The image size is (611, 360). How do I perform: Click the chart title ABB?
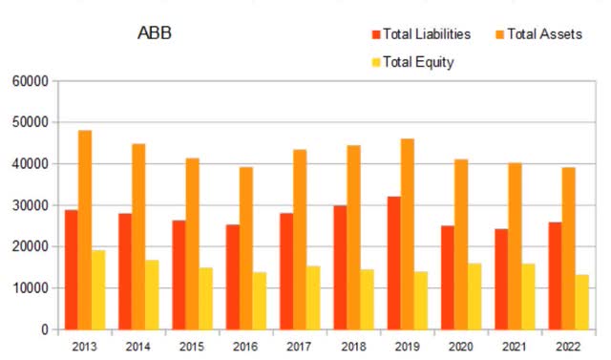click(x=155, y=35)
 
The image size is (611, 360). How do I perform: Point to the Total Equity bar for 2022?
click(x=581, y=302)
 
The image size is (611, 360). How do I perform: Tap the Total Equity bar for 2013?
click(x=98, y=289)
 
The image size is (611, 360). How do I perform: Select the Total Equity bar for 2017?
click(x=313, y=297)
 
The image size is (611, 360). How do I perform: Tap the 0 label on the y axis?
click(x=45, y=329)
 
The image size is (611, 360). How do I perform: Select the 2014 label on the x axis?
click(x=138, y=345)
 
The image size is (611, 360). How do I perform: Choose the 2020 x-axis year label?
click(x=460, y=345)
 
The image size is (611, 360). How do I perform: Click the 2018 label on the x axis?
click(x=353, y=345)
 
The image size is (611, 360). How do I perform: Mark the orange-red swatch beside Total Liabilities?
click(x=373, y=34)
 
